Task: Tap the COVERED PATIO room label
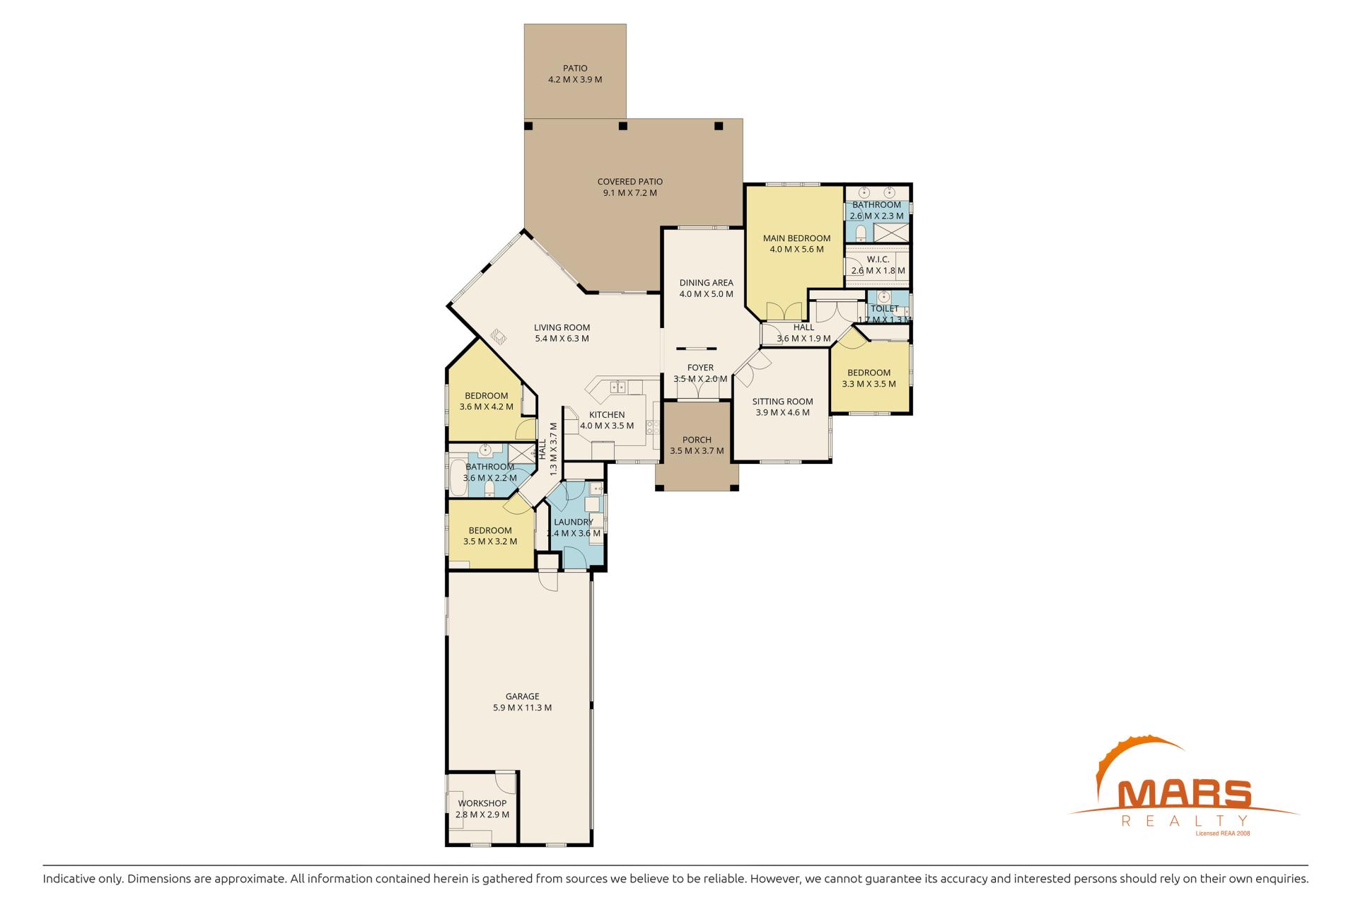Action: [x=630, y=182]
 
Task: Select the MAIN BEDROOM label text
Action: [x=796, y=238]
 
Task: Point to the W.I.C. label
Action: [x=878, y=259]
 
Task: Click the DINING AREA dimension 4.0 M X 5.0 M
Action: [x=706, y=294]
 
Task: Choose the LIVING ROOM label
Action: [x=562, y=327]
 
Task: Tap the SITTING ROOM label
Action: [x=782, y=402]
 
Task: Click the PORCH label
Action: [x=697, y=440]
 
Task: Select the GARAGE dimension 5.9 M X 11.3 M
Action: [x=522, y=708]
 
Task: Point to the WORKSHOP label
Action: [x=482, y=803]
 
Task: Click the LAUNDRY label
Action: [x=574, y=522]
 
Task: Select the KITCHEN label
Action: [x=607, y=415]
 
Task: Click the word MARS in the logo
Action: [x=1183, y=794]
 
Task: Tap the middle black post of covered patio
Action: [x=622, y=126]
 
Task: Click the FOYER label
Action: [x=700, y=368]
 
